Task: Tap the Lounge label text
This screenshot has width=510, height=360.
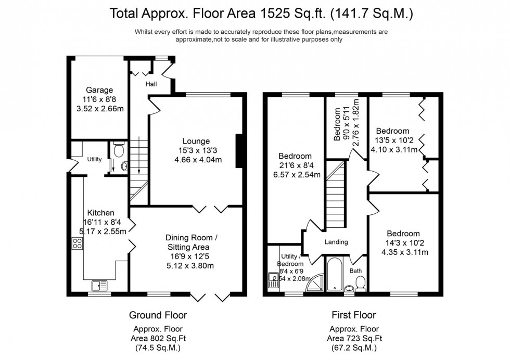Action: pos(196,141)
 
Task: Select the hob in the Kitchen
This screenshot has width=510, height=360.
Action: pos(77,243)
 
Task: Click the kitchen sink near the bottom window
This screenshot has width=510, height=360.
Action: pos(99,285)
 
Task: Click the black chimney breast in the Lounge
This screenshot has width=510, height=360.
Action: pos(239,151)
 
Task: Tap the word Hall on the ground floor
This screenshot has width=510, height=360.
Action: pos(151,84)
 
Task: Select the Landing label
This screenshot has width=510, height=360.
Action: pos(336,242)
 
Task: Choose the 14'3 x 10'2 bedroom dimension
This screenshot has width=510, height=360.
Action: pos(403,243)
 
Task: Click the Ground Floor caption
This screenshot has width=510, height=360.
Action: pos(158,315)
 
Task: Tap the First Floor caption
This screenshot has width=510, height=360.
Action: pos(353,315)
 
